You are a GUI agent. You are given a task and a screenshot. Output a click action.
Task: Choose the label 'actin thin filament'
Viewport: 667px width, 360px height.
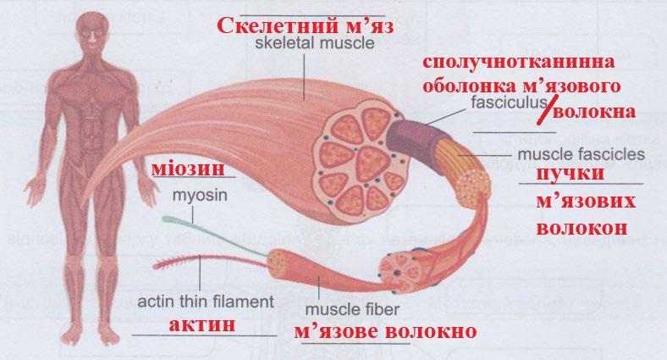pyautogui.click(x=205, y=301)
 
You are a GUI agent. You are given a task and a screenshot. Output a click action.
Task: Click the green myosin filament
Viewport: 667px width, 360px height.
pyautogui.click(x=203, y=225)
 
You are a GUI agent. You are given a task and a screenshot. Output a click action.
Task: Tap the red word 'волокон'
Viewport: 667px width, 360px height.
pyautogui.click(x=581, y=228)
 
